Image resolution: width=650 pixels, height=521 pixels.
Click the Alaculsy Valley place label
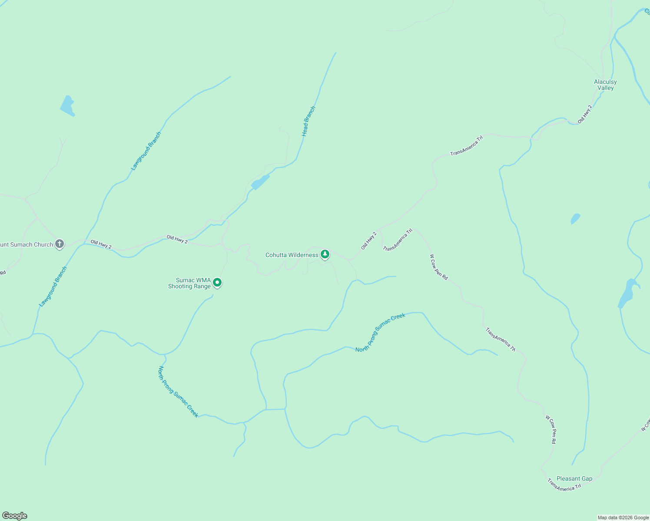(605, 85)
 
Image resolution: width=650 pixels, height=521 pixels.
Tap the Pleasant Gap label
(574, 478)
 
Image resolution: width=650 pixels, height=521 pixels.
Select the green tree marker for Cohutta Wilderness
(325, 254)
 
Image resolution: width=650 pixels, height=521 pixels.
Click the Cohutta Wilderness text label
(292, 255)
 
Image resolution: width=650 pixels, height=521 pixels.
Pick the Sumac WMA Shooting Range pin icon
(217, 283)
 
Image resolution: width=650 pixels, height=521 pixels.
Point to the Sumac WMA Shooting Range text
(189, 283)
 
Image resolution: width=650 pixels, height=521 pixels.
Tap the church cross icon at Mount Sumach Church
(60, 244)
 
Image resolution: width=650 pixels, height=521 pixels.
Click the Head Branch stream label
(308, 122)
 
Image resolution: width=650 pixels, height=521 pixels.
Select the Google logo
(14, 516)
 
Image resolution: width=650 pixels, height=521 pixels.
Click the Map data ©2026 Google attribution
(623, 518)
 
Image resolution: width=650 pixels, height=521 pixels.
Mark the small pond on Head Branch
(260, 182)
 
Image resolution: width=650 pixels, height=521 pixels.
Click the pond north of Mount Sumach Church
(67, 106)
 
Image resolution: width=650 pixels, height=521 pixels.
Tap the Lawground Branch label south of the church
(53, 287)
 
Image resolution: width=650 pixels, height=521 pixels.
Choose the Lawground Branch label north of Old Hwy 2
(146, 151)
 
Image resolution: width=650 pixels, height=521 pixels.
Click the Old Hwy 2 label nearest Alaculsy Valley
(585, 114)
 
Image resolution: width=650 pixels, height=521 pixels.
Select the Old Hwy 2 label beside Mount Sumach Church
(101, 244)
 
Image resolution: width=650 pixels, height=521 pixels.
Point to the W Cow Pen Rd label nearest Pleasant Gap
(551, 429)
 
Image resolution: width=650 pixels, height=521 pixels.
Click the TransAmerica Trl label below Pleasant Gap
(564, 485)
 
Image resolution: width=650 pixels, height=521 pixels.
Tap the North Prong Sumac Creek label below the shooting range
(178, 392)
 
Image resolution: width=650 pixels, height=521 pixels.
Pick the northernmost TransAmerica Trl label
(467, 146)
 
